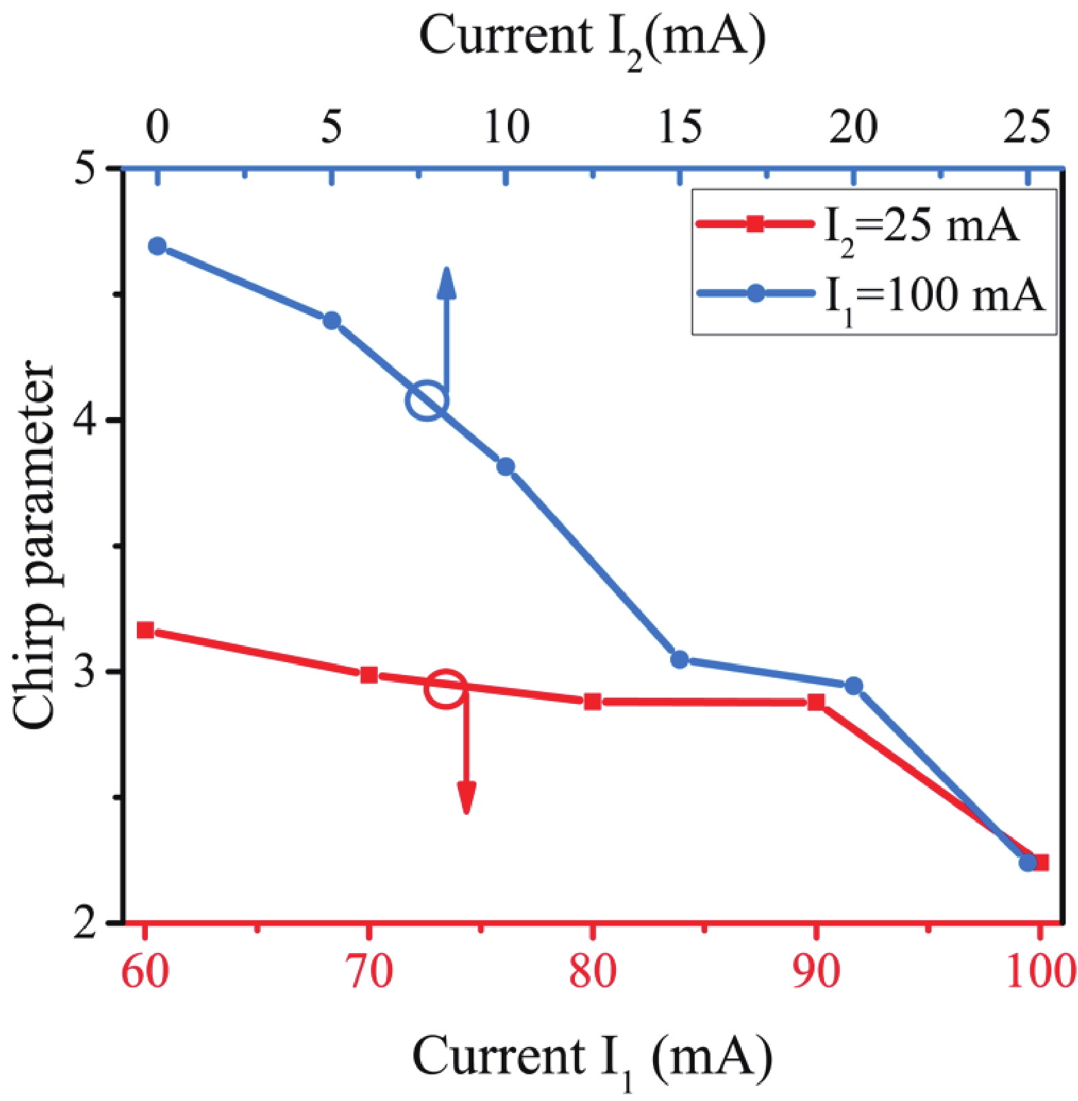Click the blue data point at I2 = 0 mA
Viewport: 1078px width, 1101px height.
click(x=157, y=246)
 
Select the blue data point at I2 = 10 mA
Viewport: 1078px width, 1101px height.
click(x=506, y=467)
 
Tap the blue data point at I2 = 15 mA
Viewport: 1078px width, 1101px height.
click(x=680, y=659)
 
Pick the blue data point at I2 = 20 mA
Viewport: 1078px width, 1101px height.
click(x=854, y=685)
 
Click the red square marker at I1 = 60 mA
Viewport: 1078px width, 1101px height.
click(x=145, y=630)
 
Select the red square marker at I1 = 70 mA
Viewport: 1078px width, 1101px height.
click(x=369, y=675)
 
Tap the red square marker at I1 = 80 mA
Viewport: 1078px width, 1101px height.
click(x=593, y=702)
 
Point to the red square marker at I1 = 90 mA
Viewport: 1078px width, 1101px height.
click(x=816, y=702)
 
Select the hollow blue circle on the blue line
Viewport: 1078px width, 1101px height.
click(x=427, y=401)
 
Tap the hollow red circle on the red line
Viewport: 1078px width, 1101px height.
click(x=446, y=688)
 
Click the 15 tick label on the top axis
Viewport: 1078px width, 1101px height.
click(x=680, y=127)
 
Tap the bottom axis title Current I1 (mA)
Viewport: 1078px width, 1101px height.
click(x=593, y=1058)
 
